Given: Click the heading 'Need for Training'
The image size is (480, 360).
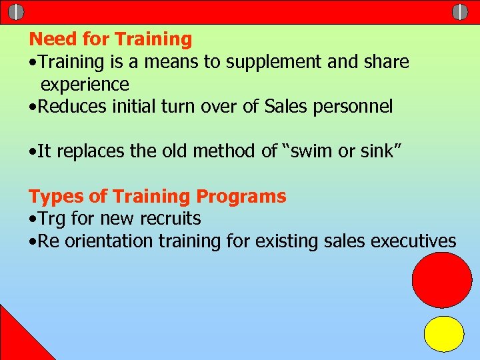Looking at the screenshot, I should click(x=110, y=39).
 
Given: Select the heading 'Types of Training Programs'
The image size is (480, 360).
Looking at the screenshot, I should click(x=157, y=197).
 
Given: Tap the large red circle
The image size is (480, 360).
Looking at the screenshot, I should click(x=441, y=279).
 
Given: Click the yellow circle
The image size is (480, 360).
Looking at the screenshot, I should click(x=444, y=334).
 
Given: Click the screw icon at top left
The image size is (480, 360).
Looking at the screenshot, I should click(x=17, y=12).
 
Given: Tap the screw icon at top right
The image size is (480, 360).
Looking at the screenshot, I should click(x=460, y=12).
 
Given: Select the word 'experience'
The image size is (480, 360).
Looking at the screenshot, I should click(x=85, y=85).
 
